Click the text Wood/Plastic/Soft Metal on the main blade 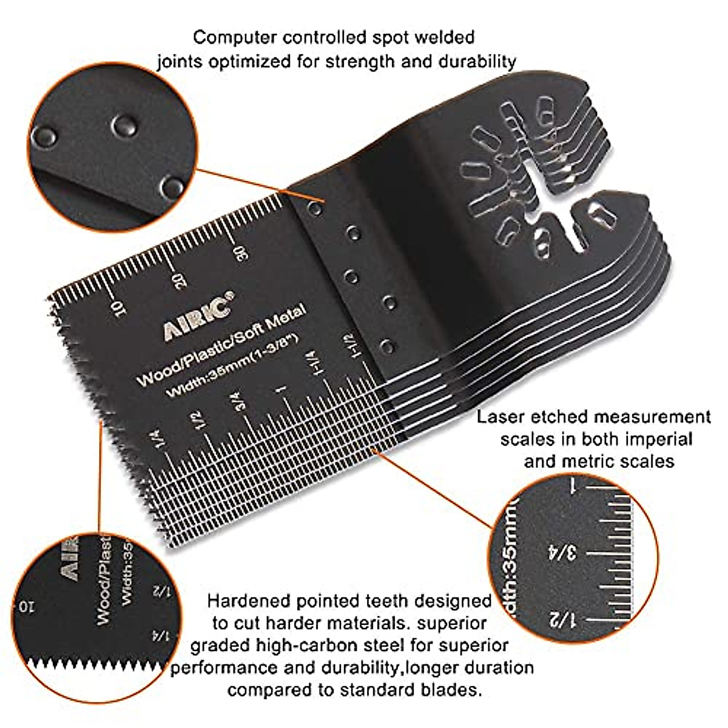coord(221,345)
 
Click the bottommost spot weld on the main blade coord(388,348)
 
